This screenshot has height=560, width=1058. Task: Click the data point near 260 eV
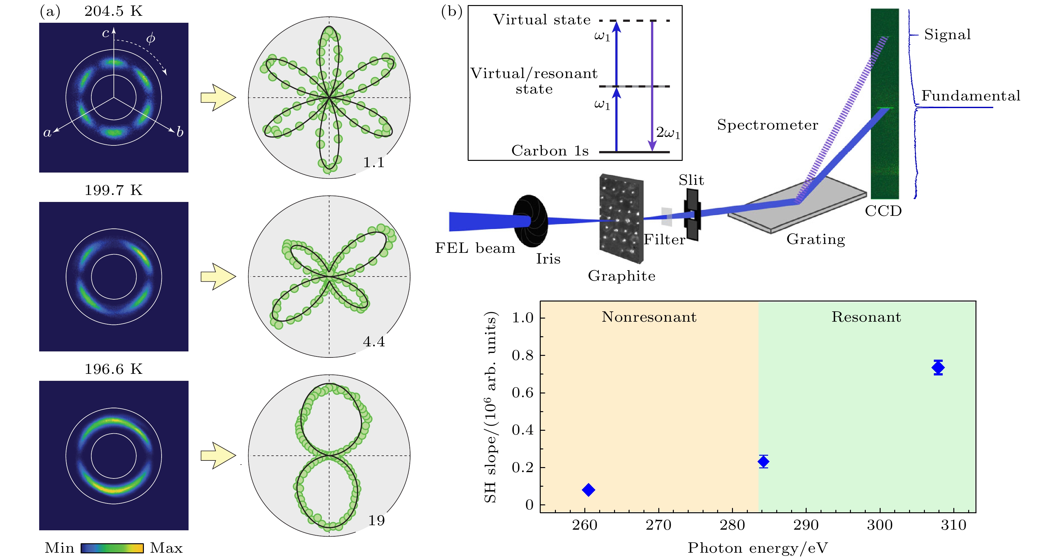pos(588,490)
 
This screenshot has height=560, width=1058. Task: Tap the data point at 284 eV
pos(763,461)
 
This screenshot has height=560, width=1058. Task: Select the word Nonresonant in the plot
pos(649,317)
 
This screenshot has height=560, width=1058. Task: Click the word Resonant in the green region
pos(866,317)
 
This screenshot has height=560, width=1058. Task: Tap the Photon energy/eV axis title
pos(758,548)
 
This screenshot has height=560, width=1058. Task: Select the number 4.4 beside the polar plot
pos(374,342)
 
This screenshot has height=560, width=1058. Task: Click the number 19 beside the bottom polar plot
pos(376,520)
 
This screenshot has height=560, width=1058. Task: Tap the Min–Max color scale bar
pos(112,548)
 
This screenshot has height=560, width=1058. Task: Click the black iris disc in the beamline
pos(530,221)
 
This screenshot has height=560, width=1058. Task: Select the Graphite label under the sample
pos(621,276)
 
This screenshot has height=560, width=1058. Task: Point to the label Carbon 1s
pos(550,151)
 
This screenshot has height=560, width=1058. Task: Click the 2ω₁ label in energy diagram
pos(668,133)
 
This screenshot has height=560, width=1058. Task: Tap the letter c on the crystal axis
pos(106,33)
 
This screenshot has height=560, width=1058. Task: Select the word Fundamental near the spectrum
pos(970,96)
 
